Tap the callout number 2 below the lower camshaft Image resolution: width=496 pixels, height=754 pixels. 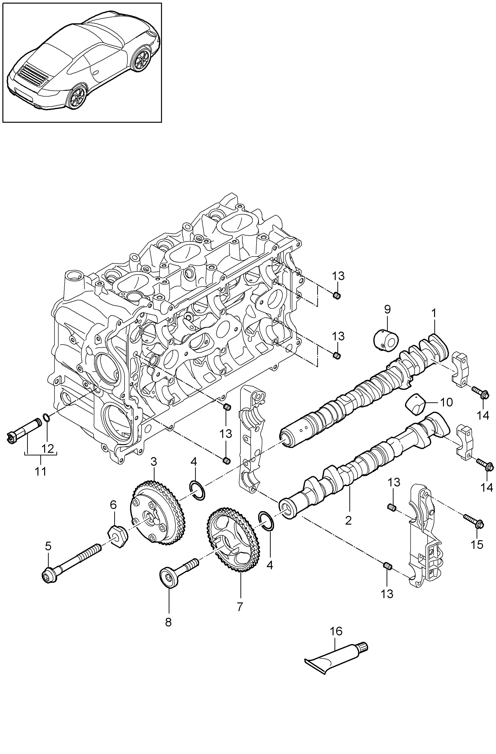[348, 520]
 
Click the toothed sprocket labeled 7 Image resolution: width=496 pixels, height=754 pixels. [234, 544]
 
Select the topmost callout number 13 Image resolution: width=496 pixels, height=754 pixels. [338, 276]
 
